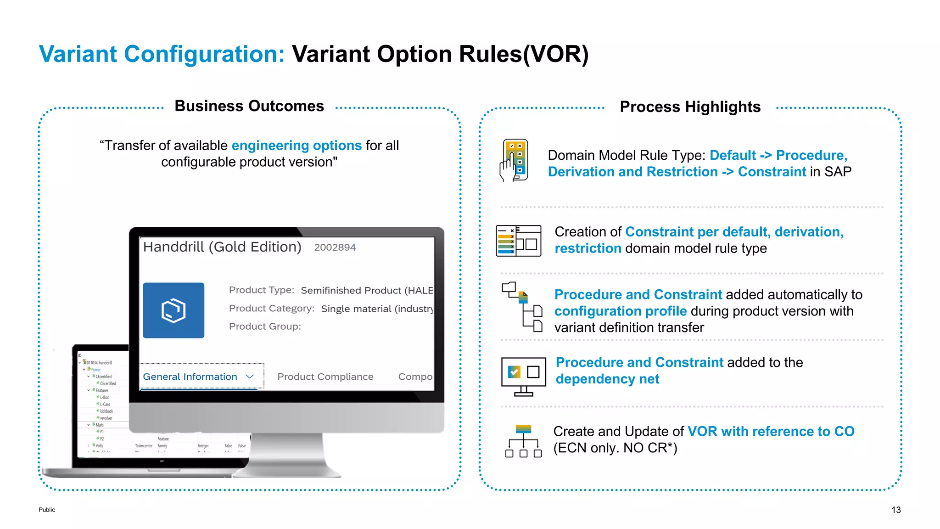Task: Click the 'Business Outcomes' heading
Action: pyautogui.click(x=249, y=106)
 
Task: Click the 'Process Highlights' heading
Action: pyautogui.click(x=690, y=107)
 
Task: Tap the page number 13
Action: pyautogui.click(x=896, y=510)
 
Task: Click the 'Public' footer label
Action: pyautogui.click(x=47, y=510)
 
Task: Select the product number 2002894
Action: pyautogui.click(x=335, y=248)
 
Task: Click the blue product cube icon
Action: pyautogui.click(x=173, y=310)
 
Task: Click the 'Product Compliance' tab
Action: pyautogui.click(x=325, y=377)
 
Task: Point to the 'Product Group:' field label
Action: pyautogui.click(x=265, y=326)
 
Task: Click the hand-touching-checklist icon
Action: pyautogui.click(x=515, y=160)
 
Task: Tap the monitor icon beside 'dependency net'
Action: pyautogui.click(x=524, y=376)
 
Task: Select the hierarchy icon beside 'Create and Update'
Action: pyautogui.click(x=523, y=441)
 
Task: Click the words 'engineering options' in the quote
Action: pyautogui.click(x=297, y=146)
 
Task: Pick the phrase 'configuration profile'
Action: pyautogui.click(x=620, y=311)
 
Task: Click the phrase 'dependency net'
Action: pyautogui.click(x=607, y=379)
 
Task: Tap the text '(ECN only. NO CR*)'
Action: pyautogui.click(x=615, y=448)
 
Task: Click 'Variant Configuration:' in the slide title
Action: pyautogui.click(x=162, y=54)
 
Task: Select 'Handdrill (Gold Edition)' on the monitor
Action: pyautogui.click(x=222, y=247)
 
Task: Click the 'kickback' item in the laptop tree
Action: pyautogui.click(x=106, y=411)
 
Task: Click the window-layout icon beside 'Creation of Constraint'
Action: pyautogui.click(x=519, y=241)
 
